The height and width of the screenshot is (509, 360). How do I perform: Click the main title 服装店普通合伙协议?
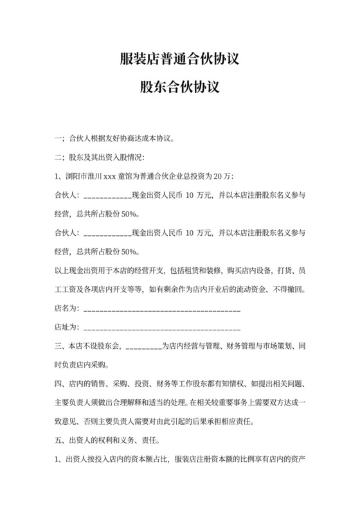(179, 60)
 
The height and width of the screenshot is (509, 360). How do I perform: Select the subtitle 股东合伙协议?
(179, 87)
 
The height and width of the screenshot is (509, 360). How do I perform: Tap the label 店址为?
(67, 328)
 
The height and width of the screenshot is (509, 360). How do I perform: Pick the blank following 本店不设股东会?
(143, 346)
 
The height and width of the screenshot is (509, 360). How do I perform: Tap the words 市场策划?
(277, 346)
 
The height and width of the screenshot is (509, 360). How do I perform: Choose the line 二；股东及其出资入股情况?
(100, 156)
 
